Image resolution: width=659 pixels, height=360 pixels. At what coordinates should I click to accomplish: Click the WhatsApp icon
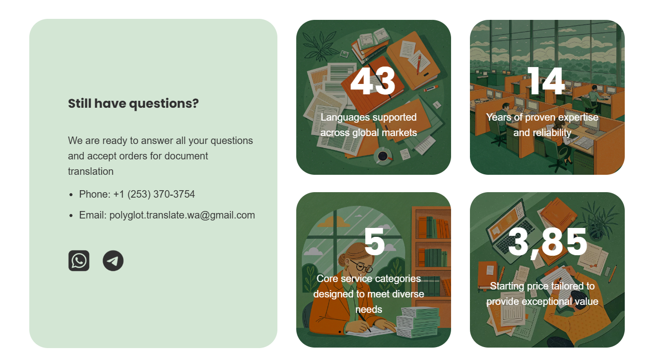click(79, 261)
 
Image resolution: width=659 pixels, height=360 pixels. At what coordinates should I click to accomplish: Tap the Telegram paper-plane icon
click(113, 261)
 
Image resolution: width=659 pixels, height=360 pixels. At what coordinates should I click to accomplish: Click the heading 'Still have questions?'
click(133, 104)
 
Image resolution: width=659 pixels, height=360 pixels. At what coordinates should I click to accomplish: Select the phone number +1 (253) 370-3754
click(154, 194)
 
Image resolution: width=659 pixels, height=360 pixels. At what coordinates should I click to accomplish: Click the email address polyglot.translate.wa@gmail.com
click(182, 215)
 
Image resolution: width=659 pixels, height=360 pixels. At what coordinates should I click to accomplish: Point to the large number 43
click(373, 80)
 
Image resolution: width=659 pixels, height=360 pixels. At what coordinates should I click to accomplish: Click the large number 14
click(546, 80)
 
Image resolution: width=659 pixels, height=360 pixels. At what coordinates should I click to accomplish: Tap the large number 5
click(375, 242)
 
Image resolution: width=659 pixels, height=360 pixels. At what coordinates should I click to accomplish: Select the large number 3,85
click(547, 242)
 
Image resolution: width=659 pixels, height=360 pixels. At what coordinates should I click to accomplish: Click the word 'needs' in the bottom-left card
click(369, 309)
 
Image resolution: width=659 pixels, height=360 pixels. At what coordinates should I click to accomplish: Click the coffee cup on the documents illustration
click(383, 156)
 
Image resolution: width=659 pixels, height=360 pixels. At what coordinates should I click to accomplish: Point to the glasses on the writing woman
click(361, 266)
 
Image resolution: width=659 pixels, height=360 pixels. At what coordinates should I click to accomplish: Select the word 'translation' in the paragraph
click(91, 171)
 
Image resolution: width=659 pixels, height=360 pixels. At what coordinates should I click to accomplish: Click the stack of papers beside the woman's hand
click(418, 322)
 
